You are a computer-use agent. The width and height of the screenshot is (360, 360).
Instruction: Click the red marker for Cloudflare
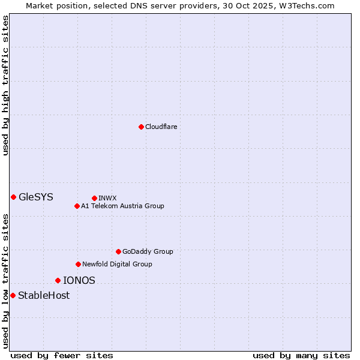click(x=141, y=127)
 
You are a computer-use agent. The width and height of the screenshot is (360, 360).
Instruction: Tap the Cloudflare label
click(x=161, y=127)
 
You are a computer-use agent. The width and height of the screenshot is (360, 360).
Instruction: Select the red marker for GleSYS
click(x=13, y=197)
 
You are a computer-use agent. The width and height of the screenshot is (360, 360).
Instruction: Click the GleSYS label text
click(x=36, y=197)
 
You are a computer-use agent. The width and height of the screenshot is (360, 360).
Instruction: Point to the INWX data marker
click(x=94, y=198)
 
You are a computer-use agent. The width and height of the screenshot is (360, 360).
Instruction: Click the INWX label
click(x=107, y=198)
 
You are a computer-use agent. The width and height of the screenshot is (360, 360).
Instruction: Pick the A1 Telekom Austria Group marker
click(x=77, y=206)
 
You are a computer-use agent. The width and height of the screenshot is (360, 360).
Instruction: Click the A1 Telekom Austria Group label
click(x=122, y=206)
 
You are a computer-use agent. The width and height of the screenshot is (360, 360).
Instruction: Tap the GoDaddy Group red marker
click(x=118, y=251)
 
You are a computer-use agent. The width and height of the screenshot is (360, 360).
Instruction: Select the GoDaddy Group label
click(x=148, y=251)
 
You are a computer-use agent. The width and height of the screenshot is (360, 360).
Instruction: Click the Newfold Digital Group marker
click(x=78, y=264)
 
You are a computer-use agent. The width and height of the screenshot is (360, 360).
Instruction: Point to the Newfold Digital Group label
click(x=117, y=264)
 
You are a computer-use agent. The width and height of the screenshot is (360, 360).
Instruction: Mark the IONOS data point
click(x=58, y=280)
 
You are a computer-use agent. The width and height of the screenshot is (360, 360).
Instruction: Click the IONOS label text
click(x=79, y=280)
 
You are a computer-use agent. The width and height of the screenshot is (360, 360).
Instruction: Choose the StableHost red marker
click(x=13, y=295)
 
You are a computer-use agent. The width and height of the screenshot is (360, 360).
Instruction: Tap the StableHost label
click(x=44, y=295)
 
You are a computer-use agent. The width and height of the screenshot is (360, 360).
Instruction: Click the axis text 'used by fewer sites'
click(x=62, y=355)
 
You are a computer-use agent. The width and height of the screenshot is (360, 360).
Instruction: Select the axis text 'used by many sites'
click(x=301, y=355)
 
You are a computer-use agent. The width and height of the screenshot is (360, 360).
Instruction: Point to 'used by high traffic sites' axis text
click(x=5, y=85)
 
